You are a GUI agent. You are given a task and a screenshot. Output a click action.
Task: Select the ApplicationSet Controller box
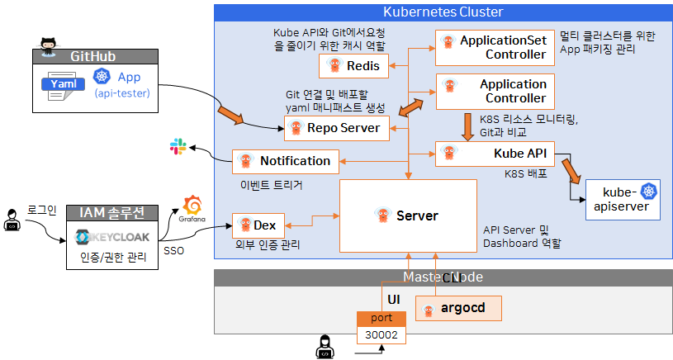pyautogui.click(x=495, y=48)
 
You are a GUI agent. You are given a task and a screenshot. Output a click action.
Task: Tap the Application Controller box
pyautogui.click(x=495, y=91)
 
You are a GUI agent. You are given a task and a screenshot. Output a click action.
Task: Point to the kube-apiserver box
pyautogui.click(x=623, y=200)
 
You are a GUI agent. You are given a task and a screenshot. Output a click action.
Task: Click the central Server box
pyautogui.click(x=408, y=216)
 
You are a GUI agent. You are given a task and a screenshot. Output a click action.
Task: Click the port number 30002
pyautogui.click(x=381, y=334)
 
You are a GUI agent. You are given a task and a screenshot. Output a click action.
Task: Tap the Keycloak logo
pyautogui.click(x=112, y=238)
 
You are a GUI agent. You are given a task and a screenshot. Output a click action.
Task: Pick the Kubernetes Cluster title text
pyautogui.click(x=443, y=12)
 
